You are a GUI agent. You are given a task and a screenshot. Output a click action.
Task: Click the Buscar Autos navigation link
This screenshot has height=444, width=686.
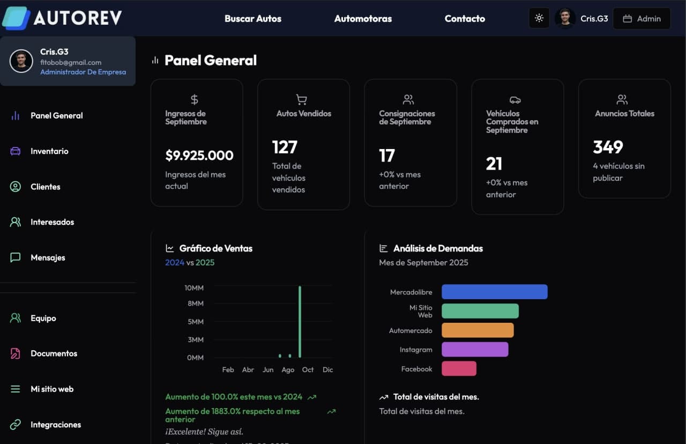(252, 19)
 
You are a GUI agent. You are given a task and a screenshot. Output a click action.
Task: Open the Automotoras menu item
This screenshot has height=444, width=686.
(363, 19)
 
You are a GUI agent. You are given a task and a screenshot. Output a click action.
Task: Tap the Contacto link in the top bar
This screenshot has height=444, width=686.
(465, 19)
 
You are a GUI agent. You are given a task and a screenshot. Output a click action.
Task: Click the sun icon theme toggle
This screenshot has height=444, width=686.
(539, 18)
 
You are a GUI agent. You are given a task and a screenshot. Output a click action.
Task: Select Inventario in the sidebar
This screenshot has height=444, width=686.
(49, 151)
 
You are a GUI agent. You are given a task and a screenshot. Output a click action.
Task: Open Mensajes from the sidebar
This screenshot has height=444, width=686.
(48, 258)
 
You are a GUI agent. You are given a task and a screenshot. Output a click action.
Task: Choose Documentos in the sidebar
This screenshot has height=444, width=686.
(54, 354)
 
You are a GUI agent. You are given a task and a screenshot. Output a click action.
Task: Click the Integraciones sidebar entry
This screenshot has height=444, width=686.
(56, 425)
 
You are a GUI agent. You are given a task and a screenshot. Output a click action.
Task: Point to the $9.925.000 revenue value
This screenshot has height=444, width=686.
(199, 156)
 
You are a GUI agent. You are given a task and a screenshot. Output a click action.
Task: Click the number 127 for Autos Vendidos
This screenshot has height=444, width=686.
(285, 147)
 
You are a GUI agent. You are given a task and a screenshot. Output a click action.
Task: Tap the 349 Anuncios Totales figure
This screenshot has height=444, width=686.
(608, 147)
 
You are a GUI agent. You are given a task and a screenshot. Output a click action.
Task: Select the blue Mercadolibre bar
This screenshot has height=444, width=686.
(494, 292)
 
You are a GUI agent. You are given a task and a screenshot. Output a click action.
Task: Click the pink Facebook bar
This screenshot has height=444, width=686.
(459, 368)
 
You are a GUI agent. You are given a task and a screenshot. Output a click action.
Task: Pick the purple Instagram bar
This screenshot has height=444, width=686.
(475, 350)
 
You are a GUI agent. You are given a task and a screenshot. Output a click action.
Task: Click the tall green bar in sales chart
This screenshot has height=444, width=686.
(300, 322)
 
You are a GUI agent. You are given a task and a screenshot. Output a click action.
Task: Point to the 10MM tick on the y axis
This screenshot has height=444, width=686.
(194, 288)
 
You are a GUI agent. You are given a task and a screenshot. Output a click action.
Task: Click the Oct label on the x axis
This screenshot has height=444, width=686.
(308, 370)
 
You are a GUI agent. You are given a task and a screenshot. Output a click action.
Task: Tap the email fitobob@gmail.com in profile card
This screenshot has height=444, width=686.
(71, 63)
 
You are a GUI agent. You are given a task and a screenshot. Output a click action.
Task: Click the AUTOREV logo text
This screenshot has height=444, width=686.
(78, 18)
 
